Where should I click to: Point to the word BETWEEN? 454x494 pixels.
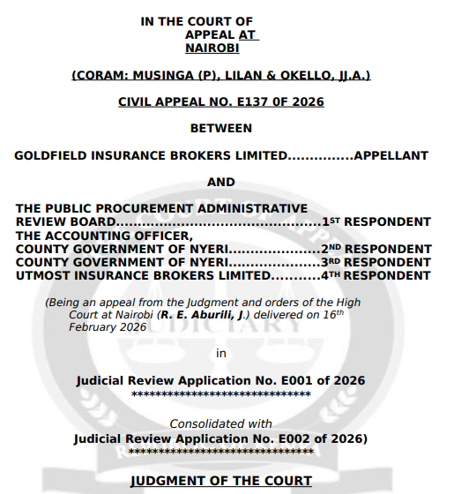point(220,128)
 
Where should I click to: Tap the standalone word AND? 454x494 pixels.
point(220,183)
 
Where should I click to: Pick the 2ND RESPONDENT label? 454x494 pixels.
point(376,249)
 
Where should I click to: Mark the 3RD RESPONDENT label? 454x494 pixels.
point(376,262)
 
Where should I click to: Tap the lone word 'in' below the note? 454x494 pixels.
point(221,353)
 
